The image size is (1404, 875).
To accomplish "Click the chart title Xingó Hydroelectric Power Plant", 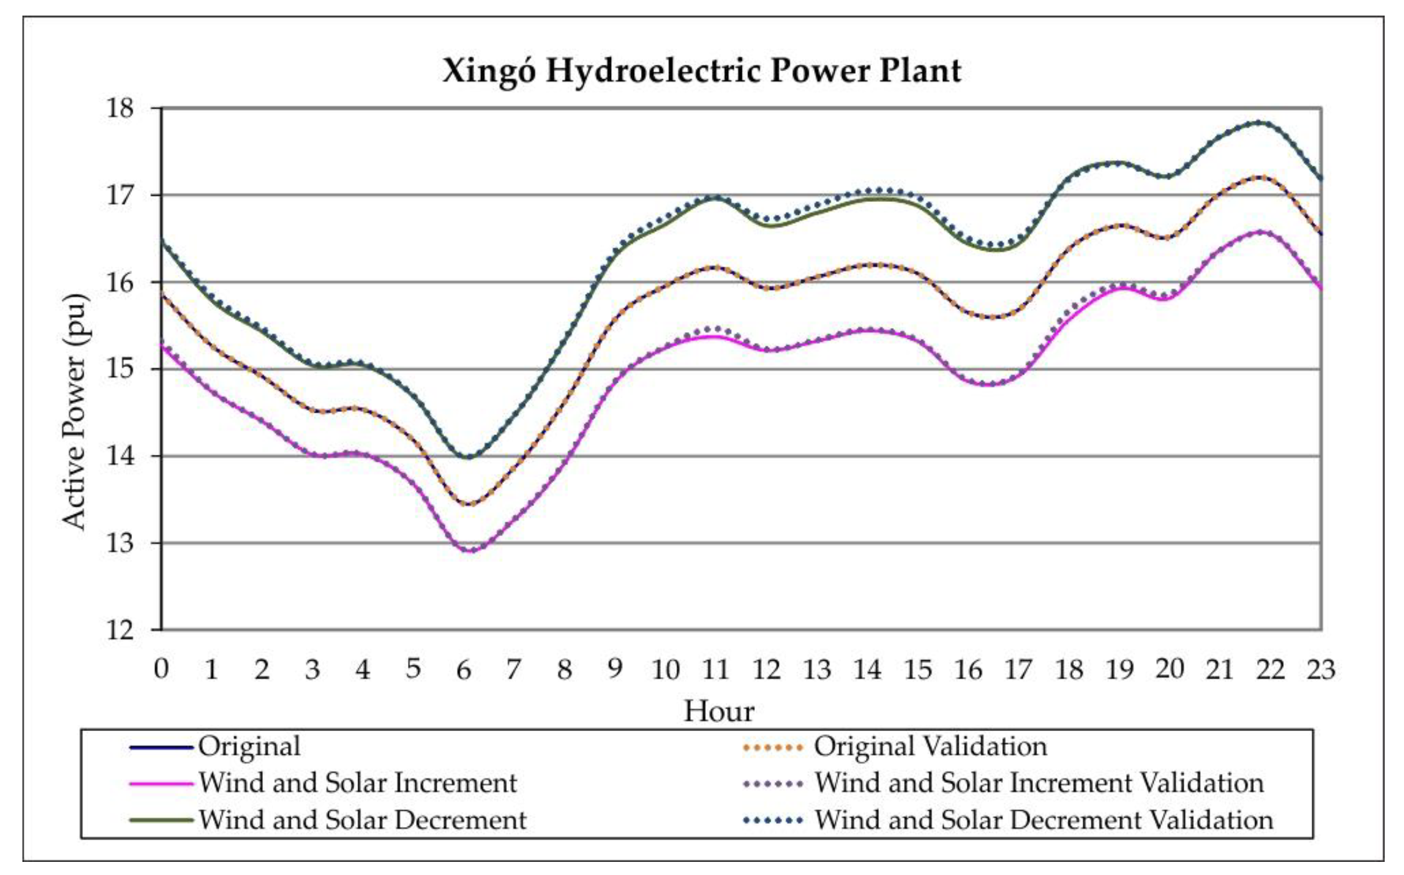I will [701, 70].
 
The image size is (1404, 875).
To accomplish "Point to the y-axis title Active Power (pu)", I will [75, 411].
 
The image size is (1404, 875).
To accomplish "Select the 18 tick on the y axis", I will [120, 108].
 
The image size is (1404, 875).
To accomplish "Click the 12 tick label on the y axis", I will [120, 630].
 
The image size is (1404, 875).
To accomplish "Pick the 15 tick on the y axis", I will [120, 369].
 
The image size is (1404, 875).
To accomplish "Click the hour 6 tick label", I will [463, 670].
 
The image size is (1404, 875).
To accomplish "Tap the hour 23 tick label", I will [1320, 670].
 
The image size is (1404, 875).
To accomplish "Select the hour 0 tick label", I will [161, 670].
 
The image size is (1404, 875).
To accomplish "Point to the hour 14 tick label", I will [867, 670].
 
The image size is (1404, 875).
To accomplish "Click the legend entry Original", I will [249, 747].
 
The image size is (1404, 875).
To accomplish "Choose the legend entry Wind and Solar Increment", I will [357, 783].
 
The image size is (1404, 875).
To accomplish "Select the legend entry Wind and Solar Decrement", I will [362, 820].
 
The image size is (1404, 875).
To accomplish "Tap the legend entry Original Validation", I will [930, 747].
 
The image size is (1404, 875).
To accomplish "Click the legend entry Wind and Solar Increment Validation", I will [1038, 783].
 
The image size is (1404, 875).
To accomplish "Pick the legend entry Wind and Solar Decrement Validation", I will [1043, 820].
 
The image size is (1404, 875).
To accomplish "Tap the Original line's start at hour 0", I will [162, 293].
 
